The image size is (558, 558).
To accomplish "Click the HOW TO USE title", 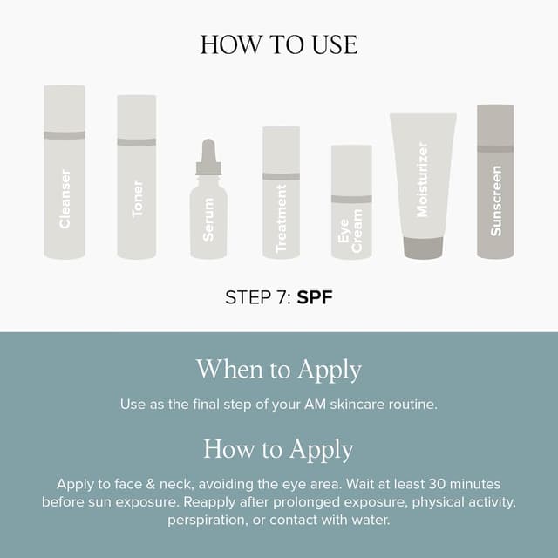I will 278,44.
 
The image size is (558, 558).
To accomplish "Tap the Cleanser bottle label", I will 65,199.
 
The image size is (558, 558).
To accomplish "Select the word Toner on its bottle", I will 137,199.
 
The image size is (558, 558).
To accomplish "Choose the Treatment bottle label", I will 281,223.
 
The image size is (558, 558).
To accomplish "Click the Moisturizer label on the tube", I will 423,180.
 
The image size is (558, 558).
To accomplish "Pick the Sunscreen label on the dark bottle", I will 496,201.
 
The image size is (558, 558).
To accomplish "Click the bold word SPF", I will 315,297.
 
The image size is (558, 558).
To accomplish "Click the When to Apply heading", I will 278,369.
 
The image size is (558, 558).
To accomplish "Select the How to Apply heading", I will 278,449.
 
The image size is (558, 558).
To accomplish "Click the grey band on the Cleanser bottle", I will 65,135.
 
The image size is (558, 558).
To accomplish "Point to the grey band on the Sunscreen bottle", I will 495,148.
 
